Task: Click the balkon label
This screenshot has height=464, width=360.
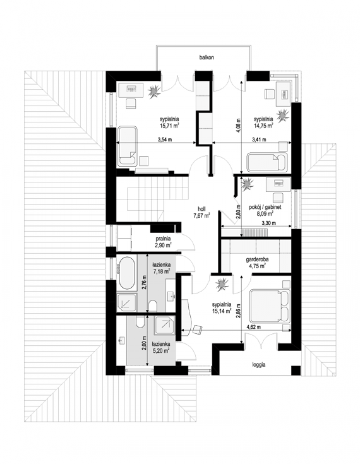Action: (206, 58)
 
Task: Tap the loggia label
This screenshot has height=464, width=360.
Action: (259, 365)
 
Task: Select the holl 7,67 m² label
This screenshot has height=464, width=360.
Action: (201, 212)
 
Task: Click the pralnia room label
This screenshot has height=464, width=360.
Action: (163, 239)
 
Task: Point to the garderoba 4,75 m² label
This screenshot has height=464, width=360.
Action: (257, 263)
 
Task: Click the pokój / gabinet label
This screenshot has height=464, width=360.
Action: (265, 207)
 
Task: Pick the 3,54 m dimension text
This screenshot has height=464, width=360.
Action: (165, 140)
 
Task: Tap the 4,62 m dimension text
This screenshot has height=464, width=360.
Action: (254, 327)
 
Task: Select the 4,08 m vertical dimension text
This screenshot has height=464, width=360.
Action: (238, 125)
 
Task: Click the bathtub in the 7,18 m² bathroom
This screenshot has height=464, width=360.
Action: (126, 273)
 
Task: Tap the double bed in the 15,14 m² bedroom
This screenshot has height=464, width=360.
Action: (270, 306)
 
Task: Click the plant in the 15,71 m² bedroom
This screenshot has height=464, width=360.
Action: (154, 91)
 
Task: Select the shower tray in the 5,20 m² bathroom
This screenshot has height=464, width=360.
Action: (165, 325)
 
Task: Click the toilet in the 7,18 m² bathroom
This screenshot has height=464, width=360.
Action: (152, 305)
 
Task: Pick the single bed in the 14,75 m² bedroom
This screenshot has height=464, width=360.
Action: (267, 162)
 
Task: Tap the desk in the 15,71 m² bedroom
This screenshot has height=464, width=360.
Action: (131, 90)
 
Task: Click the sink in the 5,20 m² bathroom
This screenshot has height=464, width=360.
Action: (122, 341)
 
